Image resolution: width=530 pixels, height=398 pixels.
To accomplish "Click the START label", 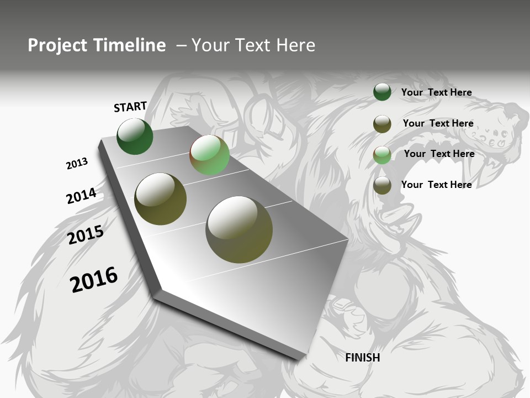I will tap(130, 107).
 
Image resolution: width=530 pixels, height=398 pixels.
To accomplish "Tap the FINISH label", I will tap(363, 358).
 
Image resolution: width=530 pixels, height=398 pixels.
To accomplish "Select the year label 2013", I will tap(77, 164).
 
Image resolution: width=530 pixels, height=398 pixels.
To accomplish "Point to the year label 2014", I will tap(81, 196).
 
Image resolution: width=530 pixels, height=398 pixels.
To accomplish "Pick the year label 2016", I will tap(94, 279).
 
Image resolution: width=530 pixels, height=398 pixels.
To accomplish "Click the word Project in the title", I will tap(57, 45).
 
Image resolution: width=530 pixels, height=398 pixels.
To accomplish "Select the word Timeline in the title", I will tap(130, 45).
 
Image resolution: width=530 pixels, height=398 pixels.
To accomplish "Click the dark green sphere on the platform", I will tap(135, 137).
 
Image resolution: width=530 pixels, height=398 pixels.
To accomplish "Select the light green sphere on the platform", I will tap(209, 155).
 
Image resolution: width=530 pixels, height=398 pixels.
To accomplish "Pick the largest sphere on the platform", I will tap(239, 229).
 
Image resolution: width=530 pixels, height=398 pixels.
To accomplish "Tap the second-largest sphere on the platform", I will tap(160, 199).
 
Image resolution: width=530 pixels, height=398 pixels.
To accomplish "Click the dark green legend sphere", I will tap(382, 92).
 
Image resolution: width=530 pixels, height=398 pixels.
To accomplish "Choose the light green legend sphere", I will tap(382, 155).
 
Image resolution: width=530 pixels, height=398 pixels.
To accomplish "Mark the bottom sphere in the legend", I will tap(382, 186).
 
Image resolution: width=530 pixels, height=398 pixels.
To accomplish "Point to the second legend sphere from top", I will tap(382, 124).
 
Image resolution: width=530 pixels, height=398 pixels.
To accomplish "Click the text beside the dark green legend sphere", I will tap(436, 92).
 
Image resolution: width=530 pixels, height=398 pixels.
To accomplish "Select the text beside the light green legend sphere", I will tap(439, 154).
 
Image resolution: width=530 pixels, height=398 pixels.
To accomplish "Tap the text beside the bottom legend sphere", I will tap(436, 185).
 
